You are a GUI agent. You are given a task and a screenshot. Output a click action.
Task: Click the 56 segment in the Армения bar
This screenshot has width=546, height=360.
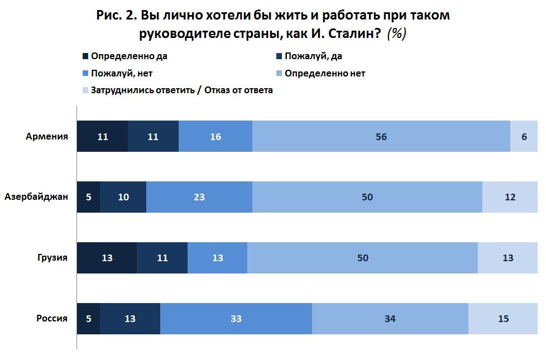(x=381, y=136)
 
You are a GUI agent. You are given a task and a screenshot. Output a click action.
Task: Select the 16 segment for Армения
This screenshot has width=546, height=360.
(x=215, y=136)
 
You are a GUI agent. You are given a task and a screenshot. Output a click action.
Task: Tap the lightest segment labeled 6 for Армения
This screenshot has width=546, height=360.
(x=524, y=136)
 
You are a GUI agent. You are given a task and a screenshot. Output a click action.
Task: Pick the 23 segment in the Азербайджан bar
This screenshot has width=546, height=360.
(x=199, y=197)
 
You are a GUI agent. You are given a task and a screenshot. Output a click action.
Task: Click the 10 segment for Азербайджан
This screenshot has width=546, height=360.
(x=123, y=197)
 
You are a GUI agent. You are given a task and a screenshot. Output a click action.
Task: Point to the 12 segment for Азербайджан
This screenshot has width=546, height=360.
(x=509, y=197)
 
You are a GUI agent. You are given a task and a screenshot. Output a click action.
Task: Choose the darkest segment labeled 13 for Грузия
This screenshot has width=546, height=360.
(x=107, y=258)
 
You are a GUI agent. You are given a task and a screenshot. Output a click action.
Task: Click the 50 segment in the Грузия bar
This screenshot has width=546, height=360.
(x=363, y=258)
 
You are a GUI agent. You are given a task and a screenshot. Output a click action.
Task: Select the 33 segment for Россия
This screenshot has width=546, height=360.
(x=236, y=319)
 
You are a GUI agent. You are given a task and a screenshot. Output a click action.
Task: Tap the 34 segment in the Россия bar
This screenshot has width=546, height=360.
(x=390, y=319)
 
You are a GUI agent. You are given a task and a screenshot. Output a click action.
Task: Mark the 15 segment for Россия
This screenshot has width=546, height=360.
(x=504, y=319)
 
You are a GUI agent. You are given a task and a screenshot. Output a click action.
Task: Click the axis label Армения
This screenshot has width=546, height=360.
(x=47, y=136)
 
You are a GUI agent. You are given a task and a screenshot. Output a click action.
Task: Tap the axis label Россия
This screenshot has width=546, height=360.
(x=52, y=319)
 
